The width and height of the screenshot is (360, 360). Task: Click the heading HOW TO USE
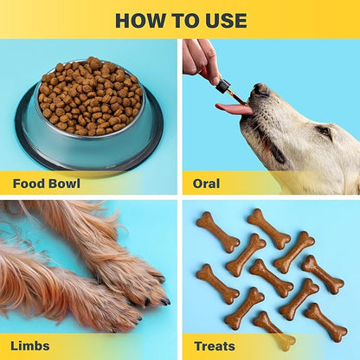pos(180,21)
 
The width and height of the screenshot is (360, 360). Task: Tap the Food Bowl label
pos(47,183)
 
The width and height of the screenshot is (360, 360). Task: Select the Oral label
pos(206,183)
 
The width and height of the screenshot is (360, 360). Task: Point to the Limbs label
pos(29,346)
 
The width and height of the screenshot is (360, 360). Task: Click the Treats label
pos(215,346)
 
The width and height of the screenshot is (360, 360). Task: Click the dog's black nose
pos(260,88)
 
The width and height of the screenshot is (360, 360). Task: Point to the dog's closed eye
pos(322,131)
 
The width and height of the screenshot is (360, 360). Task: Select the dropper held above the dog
pos(223,87)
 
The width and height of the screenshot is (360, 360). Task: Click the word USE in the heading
pos(223,21)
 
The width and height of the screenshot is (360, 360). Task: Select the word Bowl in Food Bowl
pos(64,183)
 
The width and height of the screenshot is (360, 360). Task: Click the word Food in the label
pos(28,183)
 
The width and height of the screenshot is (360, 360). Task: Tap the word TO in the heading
pos(182,21)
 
